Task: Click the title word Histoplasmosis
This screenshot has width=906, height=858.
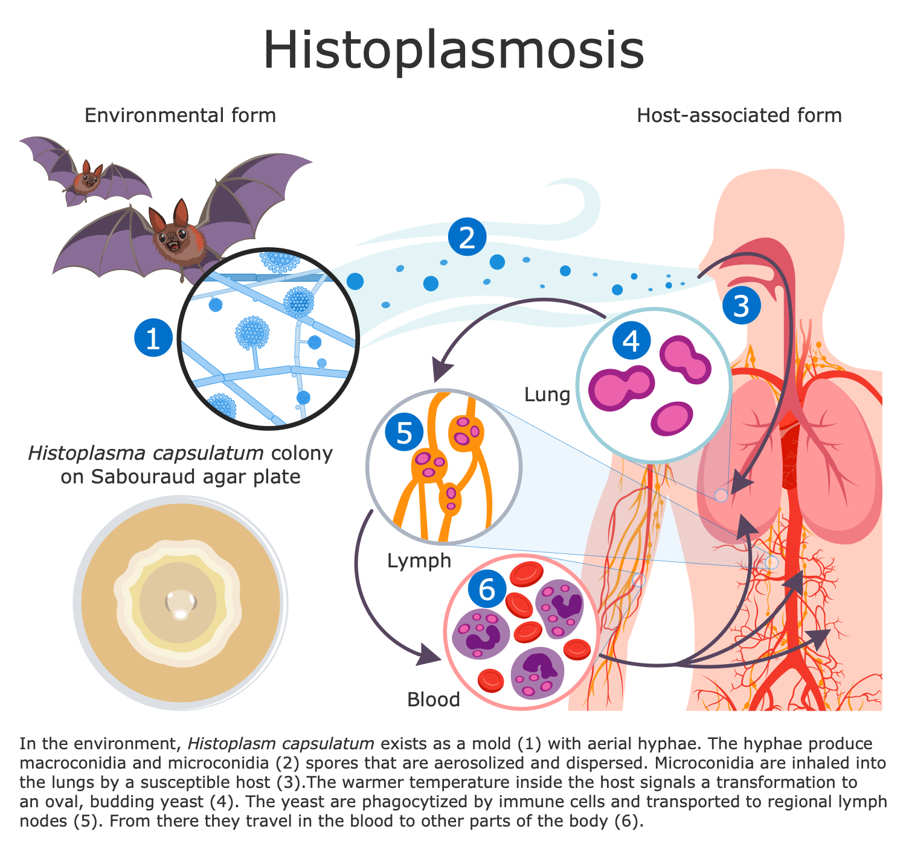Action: pyautogui.click(x=454, y=50)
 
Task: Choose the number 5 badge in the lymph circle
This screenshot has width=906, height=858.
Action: pyautogui.click(x=404, y=433)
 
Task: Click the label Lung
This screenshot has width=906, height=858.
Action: pyautogui.click(x=547, y=395)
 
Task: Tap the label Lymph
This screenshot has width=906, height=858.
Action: pyautogui.click(x=419, y=561)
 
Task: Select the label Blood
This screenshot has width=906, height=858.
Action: pyautogui.click(x=434, y=700)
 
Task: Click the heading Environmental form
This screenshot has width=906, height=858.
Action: pyautogui.click(x=180, y=115)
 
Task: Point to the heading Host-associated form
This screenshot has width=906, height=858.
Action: pyautogui.click(x=739, y=115)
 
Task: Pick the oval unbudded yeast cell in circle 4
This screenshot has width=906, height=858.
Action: pyautogui.click(x=672, y=419)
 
